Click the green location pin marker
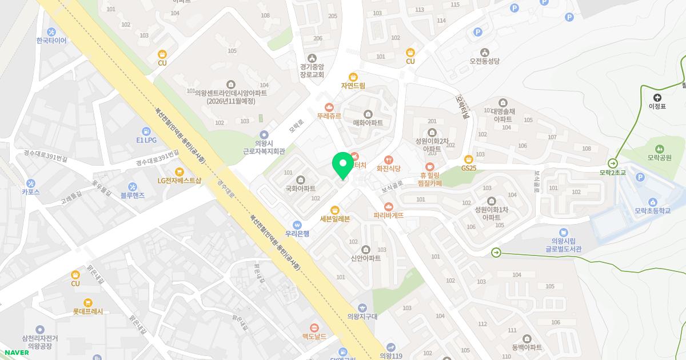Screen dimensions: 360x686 click(x=343, y=165)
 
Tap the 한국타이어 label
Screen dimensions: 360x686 click(x=51, y=41)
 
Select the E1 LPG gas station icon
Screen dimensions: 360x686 click(x=146, y=131)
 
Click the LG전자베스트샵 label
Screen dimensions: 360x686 click(x=180, y=181)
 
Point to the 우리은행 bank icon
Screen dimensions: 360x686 click(x=297, y=225)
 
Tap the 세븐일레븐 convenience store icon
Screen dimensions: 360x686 click(x=335, y=210)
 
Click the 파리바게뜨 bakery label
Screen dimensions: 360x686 click(x=389, y=215)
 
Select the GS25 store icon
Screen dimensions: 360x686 click(x=469, y=159)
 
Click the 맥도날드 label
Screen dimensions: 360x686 click(x=314, y=337)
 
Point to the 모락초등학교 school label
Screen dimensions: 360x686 click(x=652, y=211)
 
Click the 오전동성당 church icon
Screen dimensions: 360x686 click(x=485, y=52)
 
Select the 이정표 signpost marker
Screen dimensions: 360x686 click(x=657, y=98)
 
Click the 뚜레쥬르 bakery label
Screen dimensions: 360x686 click(x=329, y=115)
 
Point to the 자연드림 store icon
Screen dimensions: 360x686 click(x=353, y=77)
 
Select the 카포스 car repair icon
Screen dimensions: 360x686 click(x=31, y=183)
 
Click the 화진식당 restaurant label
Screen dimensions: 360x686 click(x=389, y=169)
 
